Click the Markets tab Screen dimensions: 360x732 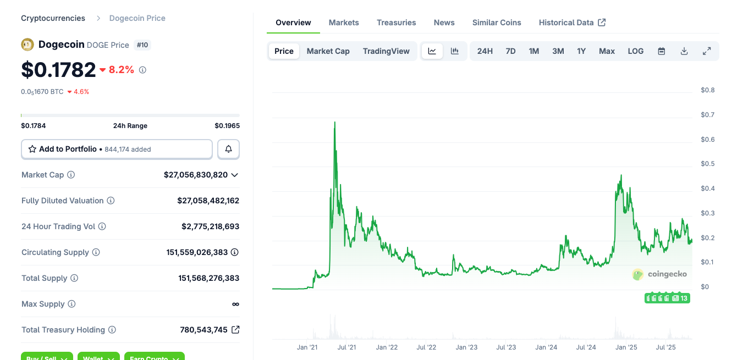[344, 23]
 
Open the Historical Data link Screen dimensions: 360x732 [572, 23]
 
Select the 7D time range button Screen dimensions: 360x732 [510, 51]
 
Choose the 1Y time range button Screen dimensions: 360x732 [581, 51]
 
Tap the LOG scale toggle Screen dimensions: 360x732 [635, 51]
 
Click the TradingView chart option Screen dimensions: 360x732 [386, 51]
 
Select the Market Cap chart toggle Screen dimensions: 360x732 [328, 51]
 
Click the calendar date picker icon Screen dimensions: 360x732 [662, 51]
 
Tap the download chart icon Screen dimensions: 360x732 [684, 51]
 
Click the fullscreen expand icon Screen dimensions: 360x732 [707, 51]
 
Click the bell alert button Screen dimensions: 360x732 [228, 149]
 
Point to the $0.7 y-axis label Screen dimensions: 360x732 [707, 115]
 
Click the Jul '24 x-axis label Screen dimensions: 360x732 [586, 347]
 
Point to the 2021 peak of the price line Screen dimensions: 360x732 [334, 123]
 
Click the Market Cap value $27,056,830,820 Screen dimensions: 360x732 [195, 175]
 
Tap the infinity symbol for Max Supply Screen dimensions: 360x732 [235, 304]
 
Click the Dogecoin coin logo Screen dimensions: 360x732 [27, 45]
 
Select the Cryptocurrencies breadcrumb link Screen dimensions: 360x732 [53, 18]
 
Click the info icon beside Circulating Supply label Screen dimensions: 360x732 [96, 252]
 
